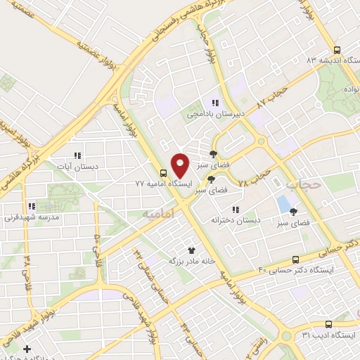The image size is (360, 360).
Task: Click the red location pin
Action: click(180, 165)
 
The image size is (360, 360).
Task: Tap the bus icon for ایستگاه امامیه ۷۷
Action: click(163, 173)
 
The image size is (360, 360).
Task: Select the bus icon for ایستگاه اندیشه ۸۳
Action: click(337, 51)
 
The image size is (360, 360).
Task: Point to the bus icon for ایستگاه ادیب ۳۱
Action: click(328, 323)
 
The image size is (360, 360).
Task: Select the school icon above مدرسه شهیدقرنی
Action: click(31, 207)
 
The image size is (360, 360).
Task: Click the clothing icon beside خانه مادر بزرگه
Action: click(191, 250)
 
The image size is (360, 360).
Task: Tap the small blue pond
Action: click(283, 205)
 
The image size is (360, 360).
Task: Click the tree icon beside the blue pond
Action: click(293, 212)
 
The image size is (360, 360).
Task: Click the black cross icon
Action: click(27, 349)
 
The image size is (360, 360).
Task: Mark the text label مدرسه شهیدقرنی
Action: click(31, 217)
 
